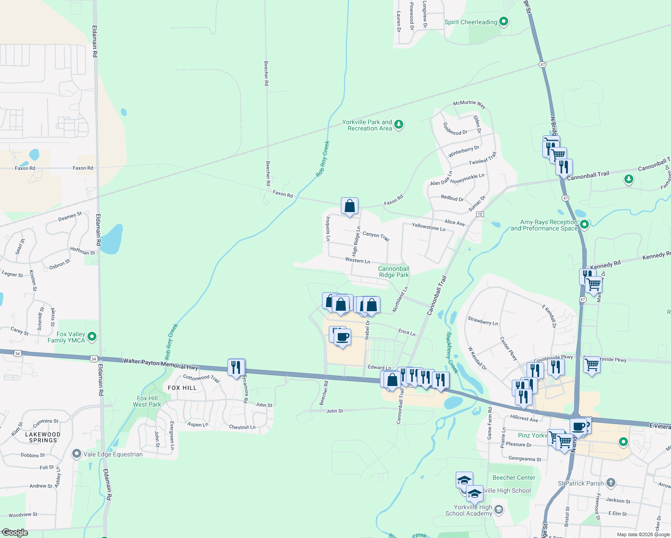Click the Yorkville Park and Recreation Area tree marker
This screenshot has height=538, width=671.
pyautogui.click(x=399, y=125)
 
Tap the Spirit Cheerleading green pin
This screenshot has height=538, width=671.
pyautogui.click(x=504, y=21)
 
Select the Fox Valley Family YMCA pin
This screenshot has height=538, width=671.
pyautogui.click(x=92, y=336)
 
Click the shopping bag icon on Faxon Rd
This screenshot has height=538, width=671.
pyautogui.click(x=349, y=206)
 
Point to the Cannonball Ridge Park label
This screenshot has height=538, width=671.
pyautogui.click(x=394, y=272)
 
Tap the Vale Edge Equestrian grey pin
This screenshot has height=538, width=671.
pyautogui.click(x=77, y=454)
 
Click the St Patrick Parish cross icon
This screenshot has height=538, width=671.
pyautogui.click(x=610, y=483)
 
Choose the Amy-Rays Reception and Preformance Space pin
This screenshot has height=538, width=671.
pyautogui.click(x=584, y=224)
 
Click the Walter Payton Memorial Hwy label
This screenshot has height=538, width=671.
pyautogui.click(x=161, y=364)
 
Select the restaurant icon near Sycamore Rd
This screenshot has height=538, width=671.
pyautogui.click(x=236, y=367)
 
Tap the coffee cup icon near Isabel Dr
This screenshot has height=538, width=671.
pyautogui.click(x=343, y=337)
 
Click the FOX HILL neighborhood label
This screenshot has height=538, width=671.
pyautogui.click(x=182, y=388)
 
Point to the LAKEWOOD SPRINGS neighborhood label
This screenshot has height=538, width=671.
pyautogui.click(x=43, y=437)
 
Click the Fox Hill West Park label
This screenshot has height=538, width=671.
pyautogui.click(x=147, y=401)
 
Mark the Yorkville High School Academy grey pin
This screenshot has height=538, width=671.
pyautogui.click(x=499, y=510)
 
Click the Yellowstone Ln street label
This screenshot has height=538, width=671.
pyautogui.click(x=429, y=227)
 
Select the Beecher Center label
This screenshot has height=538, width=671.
pyautogui.click(x=514, y=477)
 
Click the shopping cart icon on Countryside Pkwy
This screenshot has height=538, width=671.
pyautogui.click(x=592, y=365)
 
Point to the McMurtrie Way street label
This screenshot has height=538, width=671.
pyautogui.click(x=469, y=104)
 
